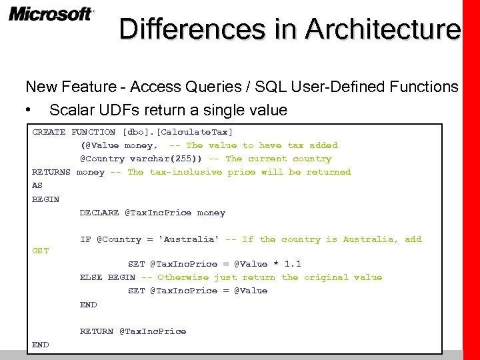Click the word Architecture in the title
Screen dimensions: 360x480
click(x=383, y=29)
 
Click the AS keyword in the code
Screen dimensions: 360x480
click(x=37, y=185)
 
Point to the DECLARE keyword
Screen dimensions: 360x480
click(x=99, y=213)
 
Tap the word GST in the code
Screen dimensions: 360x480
click(x=41, y=251)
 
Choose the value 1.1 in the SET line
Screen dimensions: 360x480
click(x=293, y=264)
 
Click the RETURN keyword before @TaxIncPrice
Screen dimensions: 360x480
click(x=97, y=331)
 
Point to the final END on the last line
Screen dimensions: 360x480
click(x=41, y=345)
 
